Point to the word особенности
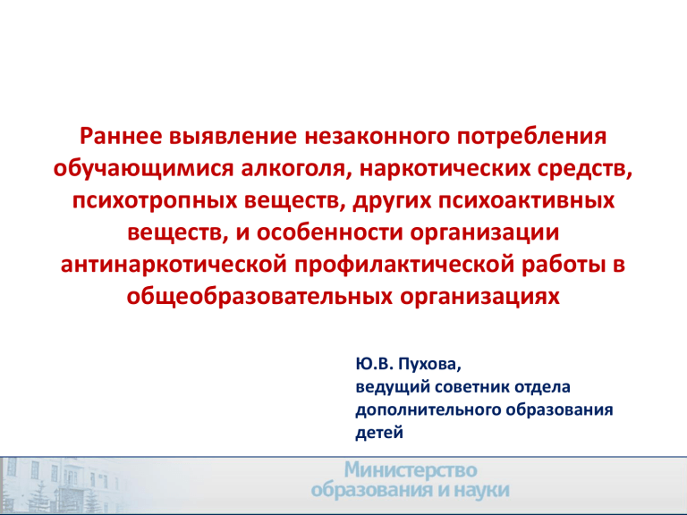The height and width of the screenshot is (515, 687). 329,232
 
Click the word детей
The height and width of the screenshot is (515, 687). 379,433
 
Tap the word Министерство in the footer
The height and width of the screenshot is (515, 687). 410,471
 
